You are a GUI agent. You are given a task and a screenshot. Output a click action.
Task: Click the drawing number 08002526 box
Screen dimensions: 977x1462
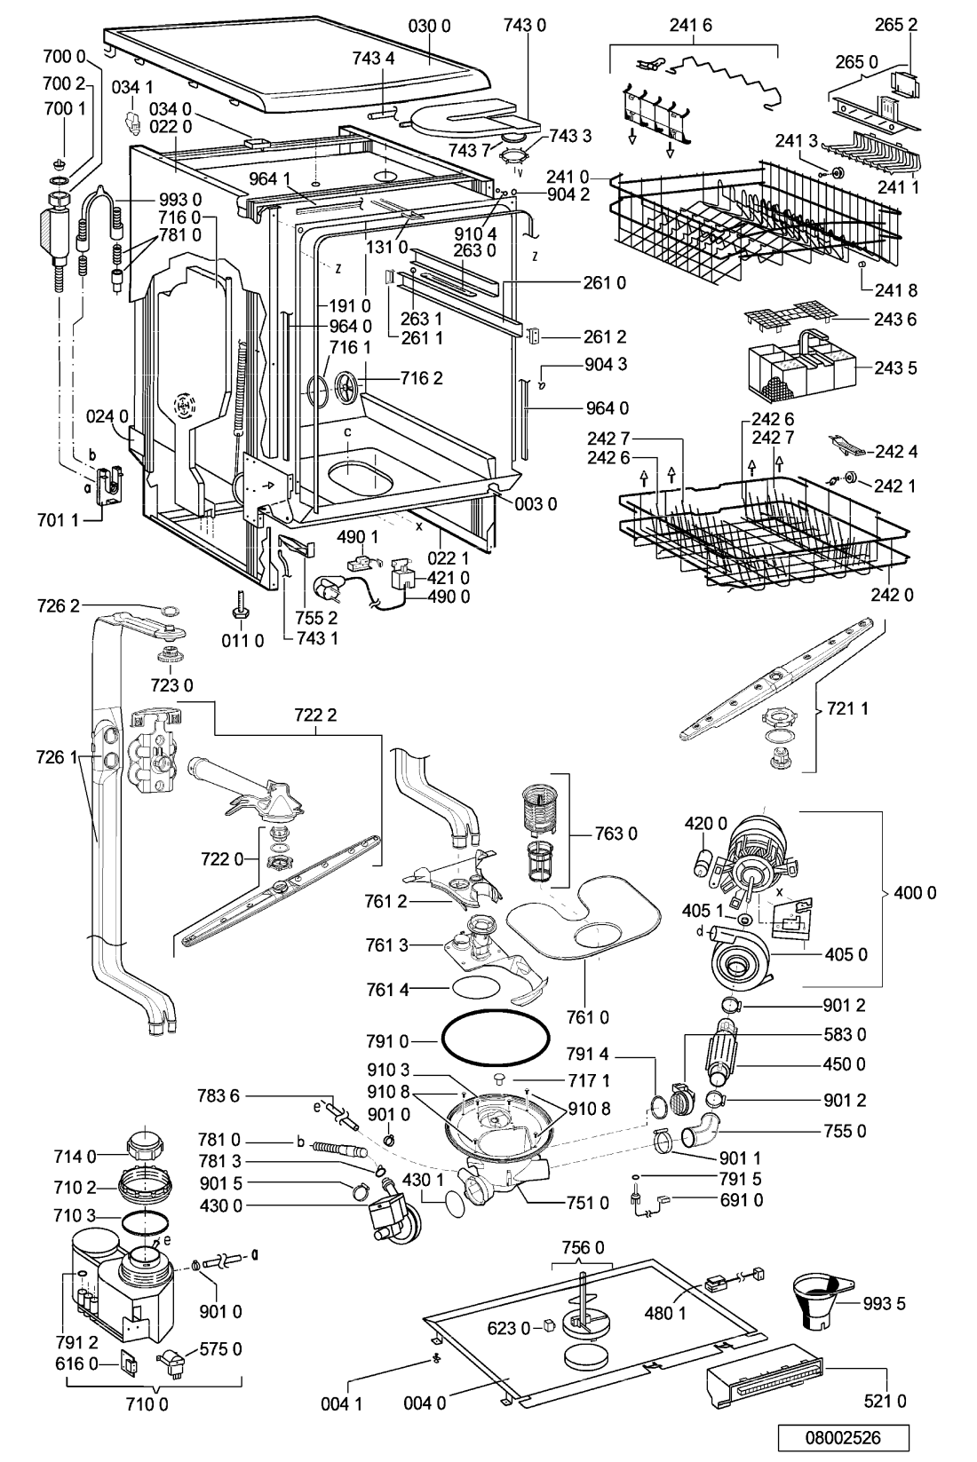click(843, 1438)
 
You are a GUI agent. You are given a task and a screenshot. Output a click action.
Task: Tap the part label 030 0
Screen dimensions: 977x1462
click(429, 26)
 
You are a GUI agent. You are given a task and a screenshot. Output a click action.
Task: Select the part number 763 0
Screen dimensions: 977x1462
click(616, 834)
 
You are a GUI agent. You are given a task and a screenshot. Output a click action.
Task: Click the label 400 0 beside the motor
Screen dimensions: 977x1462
click(914, 892)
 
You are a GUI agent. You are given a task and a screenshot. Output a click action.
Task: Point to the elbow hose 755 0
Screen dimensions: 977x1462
click(700, 1131)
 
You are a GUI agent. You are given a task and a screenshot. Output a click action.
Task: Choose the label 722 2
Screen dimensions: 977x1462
click(315, 715)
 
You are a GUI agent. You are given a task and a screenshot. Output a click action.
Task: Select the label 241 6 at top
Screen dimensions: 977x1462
click(690, 26)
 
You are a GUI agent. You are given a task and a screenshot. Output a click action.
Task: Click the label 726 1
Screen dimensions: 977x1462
click(58, 757)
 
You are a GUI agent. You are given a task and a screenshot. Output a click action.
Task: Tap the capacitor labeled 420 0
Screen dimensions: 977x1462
click(702, 862)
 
